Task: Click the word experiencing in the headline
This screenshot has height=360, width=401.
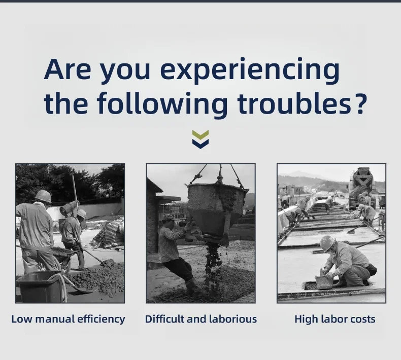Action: click(x=250, y=71)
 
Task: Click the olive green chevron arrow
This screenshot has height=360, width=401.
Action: click(x=200, y=135)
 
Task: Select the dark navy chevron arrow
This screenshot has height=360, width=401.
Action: click(x=200, y=143)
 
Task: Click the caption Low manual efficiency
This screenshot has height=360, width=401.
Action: click(x=69, y=319)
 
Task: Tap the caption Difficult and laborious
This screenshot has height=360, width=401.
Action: click(x=201, y=319)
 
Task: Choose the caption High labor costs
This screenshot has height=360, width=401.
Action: click(x=335, y=319)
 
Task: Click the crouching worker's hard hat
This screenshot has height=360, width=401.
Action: click(x=327, y=243)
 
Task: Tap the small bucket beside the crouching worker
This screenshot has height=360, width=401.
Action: click(x=324, y=282)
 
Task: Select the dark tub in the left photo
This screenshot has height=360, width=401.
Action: click(x=41, y=286)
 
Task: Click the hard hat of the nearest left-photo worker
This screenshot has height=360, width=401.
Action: click(x=44, y=196)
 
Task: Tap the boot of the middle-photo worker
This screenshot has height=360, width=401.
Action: click(x=193, y=286)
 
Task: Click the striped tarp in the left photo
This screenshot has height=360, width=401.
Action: click(x=109, y=234)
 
